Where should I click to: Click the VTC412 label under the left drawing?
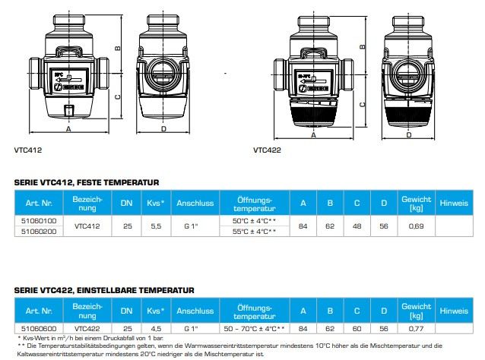point(27,150)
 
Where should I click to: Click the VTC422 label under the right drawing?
point(268,150)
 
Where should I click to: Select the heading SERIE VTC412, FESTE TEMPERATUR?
point(87,183)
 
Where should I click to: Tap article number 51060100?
point(39,219)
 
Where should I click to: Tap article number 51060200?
point(39,231)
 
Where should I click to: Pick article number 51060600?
point(39,327)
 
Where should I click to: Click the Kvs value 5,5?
point(157,226)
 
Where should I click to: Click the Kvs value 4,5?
point(157,327)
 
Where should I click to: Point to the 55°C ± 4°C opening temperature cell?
point(253,231)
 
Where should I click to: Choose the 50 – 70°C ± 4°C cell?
point(253,327)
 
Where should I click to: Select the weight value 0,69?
point(417,226)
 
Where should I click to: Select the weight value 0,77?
point(417,327)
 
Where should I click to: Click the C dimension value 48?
point(357,226)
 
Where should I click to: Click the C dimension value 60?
point(357,327)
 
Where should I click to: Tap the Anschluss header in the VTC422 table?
point(194,311)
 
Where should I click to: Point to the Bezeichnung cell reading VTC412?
point(87,226)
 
